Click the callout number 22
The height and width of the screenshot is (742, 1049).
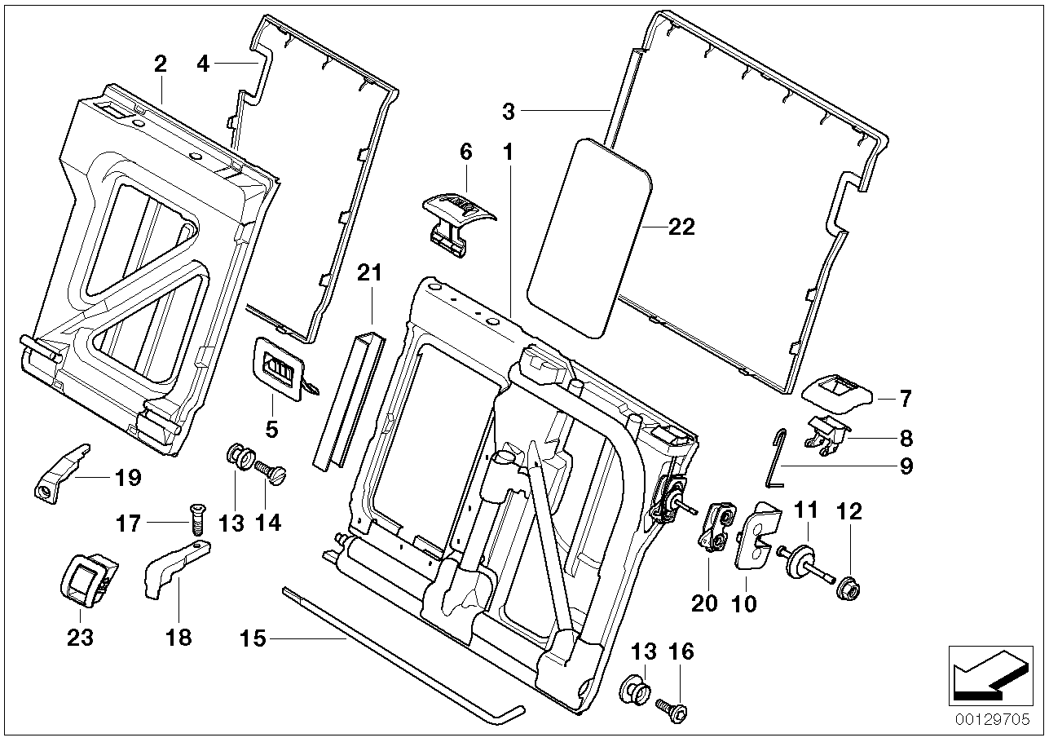click(x=681, y=227)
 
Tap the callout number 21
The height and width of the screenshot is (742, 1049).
click(x=369, y=273)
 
